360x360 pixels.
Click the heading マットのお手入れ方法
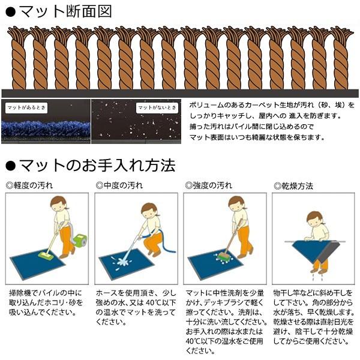pos(96,165)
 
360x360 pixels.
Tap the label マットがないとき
pos(157,108)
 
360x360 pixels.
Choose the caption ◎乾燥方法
pos(294,186)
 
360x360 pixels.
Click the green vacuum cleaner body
pos(79,239)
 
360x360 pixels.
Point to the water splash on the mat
pos(125,262)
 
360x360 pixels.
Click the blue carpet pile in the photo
pos(45,129)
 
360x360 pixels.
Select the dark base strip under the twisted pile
pos(180,93)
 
